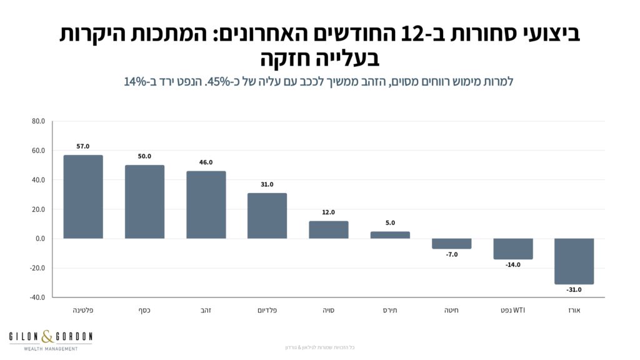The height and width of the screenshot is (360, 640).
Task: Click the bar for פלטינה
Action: click(83, 197)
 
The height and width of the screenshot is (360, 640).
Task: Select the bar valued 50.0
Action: click(144, 202)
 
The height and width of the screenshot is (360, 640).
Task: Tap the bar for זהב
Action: click(206, 205)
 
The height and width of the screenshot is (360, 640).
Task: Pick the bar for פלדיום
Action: click(267, 216)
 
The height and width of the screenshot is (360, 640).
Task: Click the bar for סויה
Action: click(328, 230)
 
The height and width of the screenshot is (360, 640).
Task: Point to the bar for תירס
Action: click(390, 235)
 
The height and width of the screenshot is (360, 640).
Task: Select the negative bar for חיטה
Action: click(451, 244)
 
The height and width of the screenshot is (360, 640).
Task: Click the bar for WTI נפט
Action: click(512, 249)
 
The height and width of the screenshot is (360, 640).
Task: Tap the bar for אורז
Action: click(574, 261)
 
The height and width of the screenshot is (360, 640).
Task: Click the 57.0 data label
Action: click(83, 146)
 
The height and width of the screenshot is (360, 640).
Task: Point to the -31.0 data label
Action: click(574, 290)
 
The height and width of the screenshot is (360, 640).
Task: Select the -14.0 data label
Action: click(512, 265)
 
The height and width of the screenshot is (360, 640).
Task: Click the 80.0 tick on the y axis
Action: click(38, 121)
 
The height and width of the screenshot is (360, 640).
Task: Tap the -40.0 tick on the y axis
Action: click(37, 297)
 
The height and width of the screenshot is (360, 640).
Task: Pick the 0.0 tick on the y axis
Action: click(40, 239)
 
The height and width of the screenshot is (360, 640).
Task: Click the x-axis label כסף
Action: click(144, 310)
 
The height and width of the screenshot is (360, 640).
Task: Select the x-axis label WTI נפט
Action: click(512, 310)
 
